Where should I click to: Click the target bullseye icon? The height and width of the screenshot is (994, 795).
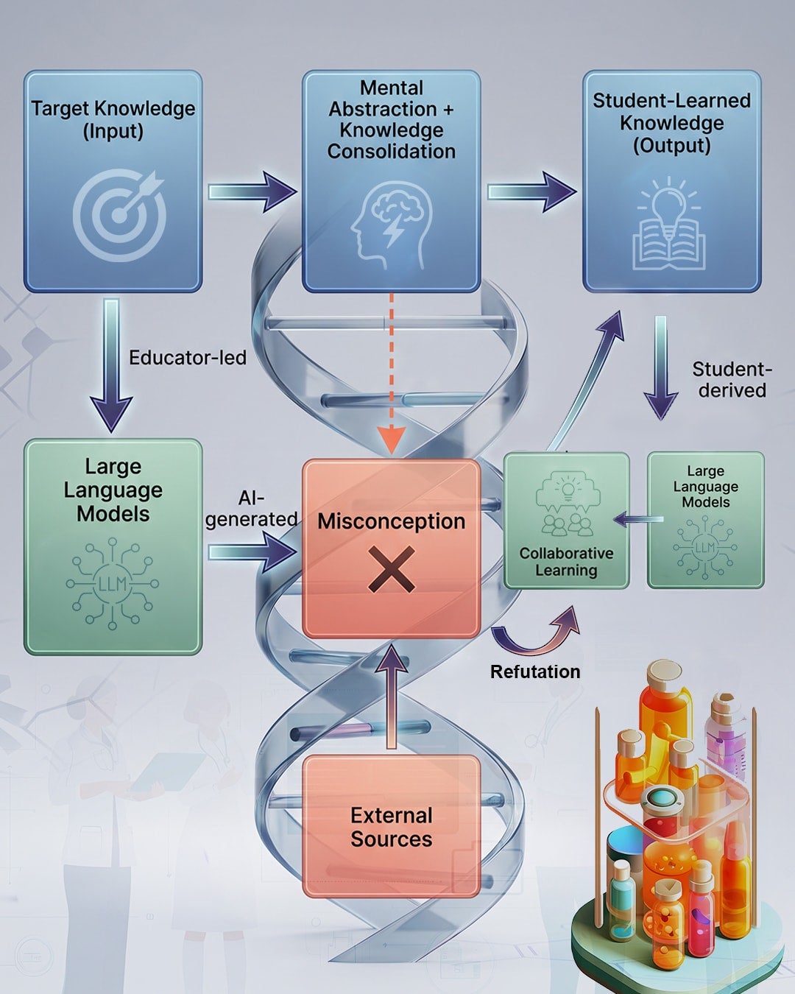tap(119, 215)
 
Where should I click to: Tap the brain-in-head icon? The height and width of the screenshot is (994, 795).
tap(391, 230)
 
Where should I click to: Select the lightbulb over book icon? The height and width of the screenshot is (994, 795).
tap(669, 222)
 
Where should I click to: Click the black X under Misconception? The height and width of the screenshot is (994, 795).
tap(392, 569)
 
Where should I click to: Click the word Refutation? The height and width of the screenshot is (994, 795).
tap(535, 672)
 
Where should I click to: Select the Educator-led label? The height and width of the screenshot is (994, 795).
tap(188, 358)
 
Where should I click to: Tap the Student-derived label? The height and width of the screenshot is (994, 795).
tap(732, 380)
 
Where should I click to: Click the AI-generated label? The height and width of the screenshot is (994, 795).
tap(251, 509)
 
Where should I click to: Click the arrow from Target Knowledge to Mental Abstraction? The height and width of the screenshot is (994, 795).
tap(252, 191)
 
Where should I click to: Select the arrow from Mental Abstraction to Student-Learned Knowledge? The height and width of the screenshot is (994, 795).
tap(531, 191)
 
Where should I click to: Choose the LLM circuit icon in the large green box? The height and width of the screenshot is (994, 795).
tap(112, 584)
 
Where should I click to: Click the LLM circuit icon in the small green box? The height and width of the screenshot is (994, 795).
tap(705, 548)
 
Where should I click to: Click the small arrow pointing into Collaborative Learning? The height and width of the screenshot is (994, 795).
tap(638, 519)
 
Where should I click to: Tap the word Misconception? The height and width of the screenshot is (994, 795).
tap(392, 522)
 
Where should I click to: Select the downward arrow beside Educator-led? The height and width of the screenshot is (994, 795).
tap(111, 365)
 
